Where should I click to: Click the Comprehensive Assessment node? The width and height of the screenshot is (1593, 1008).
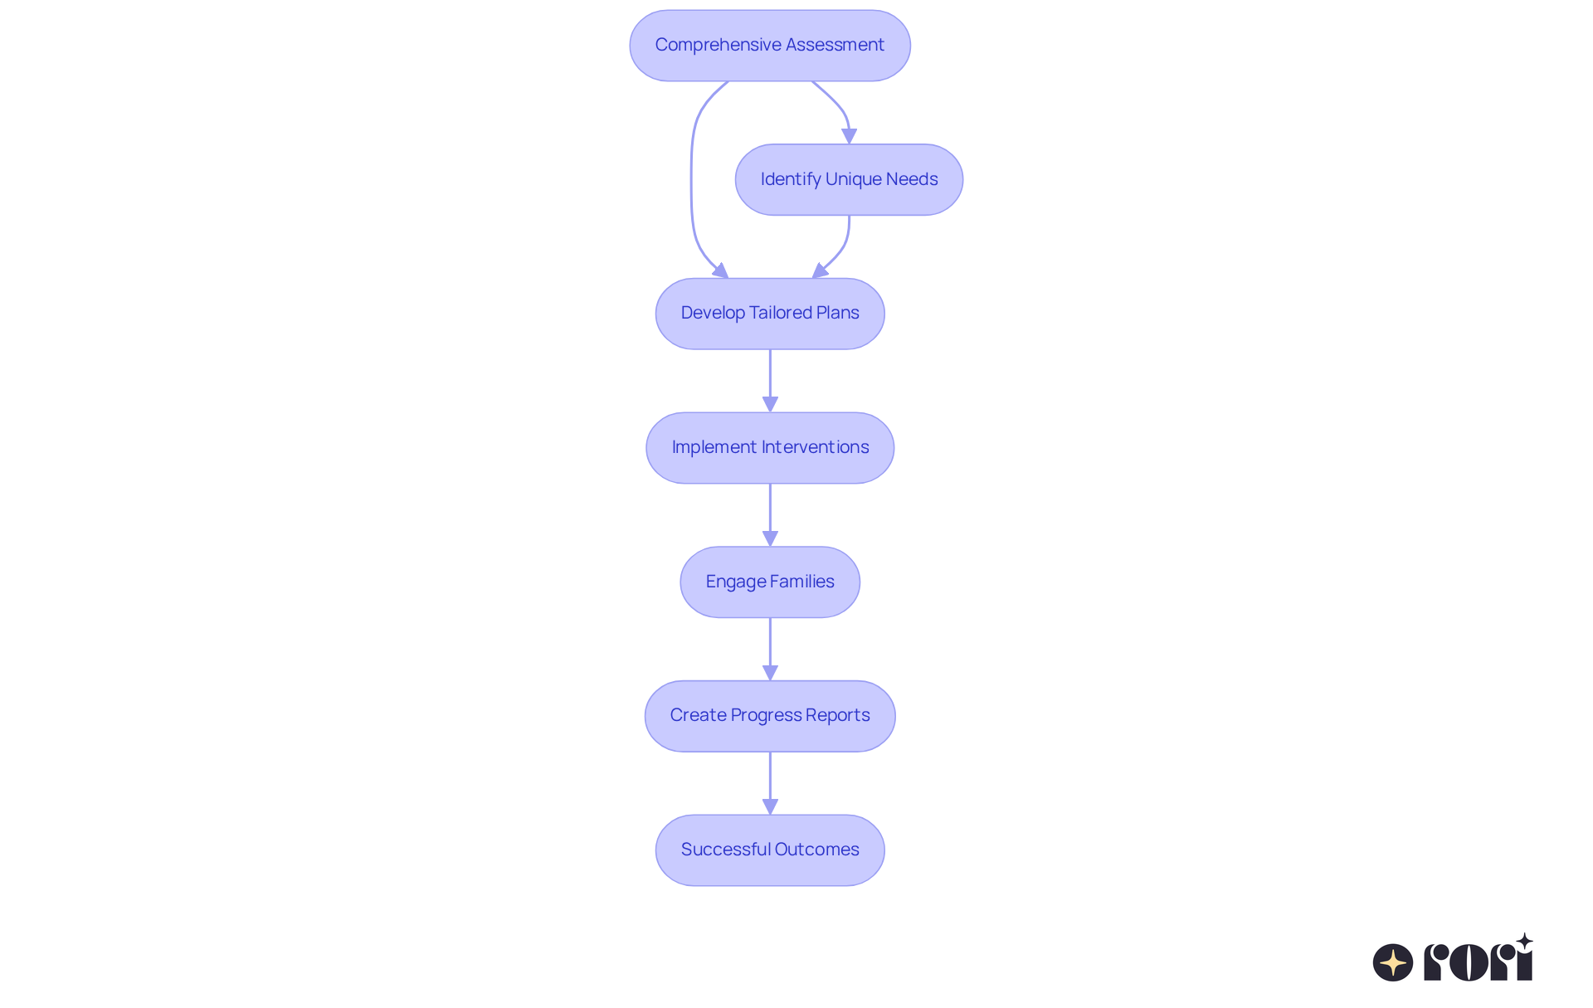(x=769, y=46)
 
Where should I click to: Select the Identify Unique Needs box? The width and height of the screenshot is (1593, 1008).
(x=849, y=180)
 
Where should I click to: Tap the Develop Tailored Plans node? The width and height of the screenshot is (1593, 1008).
(x=769, y=314)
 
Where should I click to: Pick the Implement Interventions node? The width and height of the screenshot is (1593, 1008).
(x=769, y=448)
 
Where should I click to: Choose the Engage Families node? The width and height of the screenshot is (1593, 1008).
(x=769, y=582)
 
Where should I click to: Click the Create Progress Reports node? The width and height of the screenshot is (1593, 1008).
(x=769, y=716)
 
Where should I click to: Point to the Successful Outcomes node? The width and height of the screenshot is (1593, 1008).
(x=769, y=850)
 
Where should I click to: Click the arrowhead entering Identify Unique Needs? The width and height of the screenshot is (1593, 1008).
(x=849, y=136)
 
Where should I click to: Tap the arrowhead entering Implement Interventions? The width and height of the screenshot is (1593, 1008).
(x=770, y=404)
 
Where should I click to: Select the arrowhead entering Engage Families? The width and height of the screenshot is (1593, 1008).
(x=770, y=538)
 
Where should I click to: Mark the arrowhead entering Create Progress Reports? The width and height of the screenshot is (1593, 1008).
(x=770, y=673)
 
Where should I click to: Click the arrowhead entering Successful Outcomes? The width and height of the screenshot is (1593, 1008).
(x=770, y=806)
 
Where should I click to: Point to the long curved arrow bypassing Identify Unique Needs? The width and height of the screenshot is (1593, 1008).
(x=692, y=178)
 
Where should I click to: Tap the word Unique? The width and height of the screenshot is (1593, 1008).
(x=852, y=179)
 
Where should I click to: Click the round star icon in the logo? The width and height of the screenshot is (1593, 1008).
(x=1393, y=962)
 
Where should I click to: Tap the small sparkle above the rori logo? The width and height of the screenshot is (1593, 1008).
(x=1524, y=942)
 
